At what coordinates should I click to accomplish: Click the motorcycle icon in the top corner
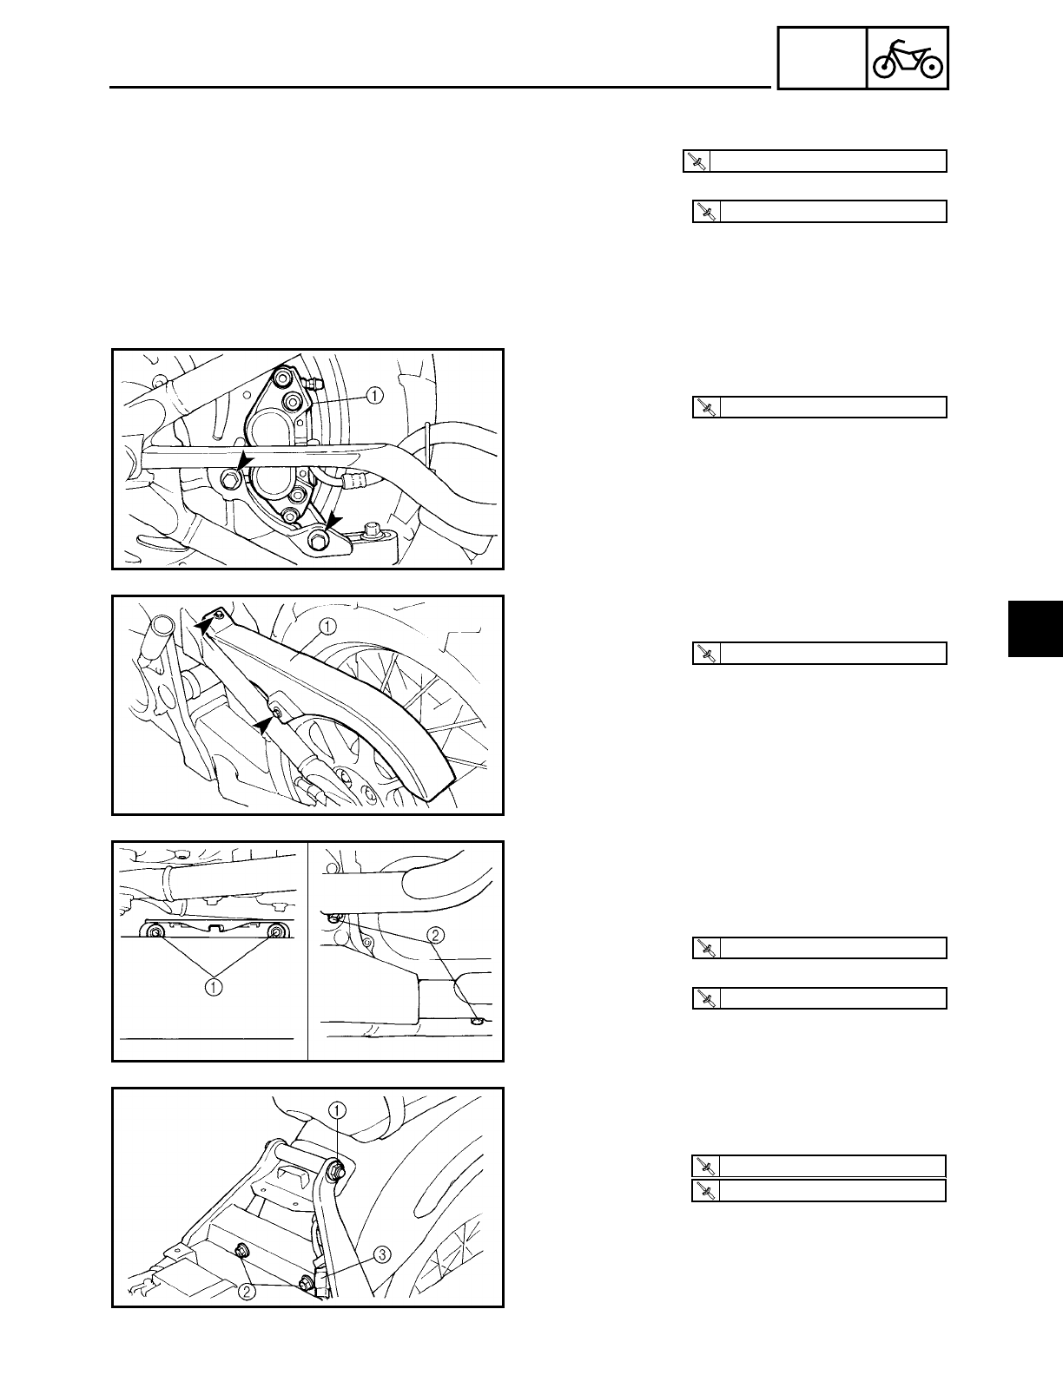(908, 58)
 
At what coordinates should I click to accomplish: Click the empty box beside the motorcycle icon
(822, 58)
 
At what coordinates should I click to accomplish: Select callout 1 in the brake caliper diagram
(373, 396)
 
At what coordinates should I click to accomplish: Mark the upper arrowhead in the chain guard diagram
(203, 622)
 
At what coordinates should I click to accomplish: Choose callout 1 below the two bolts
(214, 986)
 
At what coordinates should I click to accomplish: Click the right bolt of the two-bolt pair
(276, 933)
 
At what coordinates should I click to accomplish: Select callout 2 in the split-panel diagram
(435, 935)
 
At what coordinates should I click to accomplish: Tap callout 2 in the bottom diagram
(248, 1292)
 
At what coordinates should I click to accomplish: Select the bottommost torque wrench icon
(705, 1190)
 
